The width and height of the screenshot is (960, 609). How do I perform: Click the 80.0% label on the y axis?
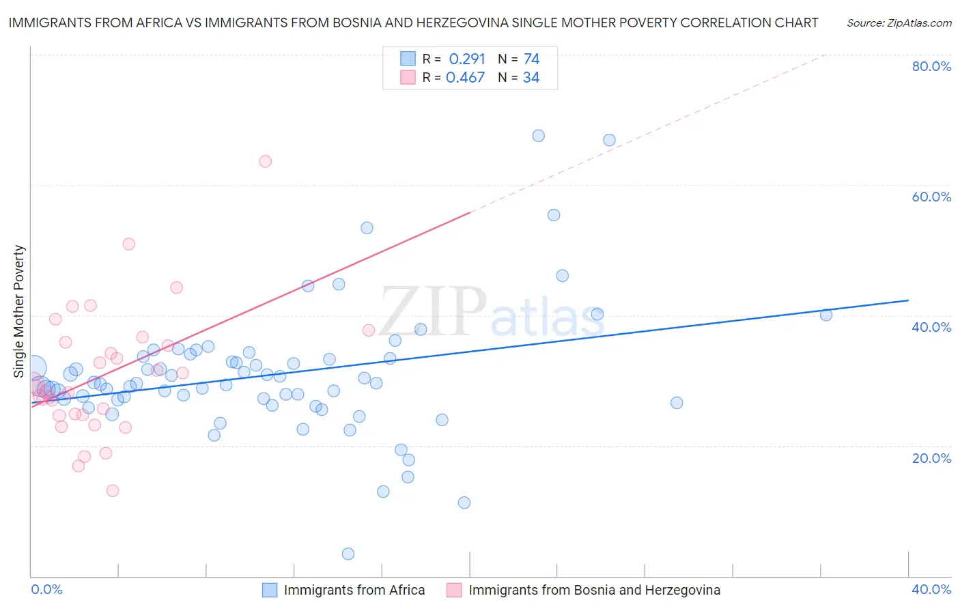(x=931, y=66)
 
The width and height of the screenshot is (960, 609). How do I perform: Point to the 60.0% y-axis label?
(x=931, y=197)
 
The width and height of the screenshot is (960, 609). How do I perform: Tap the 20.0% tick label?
(x=931, y=457)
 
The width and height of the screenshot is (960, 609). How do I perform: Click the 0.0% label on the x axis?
(x=46, y=589)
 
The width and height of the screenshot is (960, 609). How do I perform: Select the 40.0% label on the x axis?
(x=931, y=589)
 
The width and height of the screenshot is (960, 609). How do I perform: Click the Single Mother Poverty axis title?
(x=19, y=311)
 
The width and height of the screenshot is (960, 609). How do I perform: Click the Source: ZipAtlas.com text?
(x=899, y=23)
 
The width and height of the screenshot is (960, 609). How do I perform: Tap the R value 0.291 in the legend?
(x=467, y=59)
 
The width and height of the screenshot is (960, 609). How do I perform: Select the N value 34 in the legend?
(x=531, y=78)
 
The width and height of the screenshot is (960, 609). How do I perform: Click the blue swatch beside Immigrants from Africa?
(x=270, y=590)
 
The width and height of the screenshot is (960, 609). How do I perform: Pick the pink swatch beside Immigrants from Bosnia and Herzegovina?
(x=454, y=590)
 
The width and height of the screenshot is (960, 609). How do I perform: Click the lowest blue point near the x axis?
(x=348, y=554)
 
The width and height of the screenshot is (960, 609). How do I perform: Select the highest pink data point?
(x=265, y=161)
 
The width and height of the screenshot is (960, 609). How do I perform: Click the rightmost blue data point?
(x=826, y=315)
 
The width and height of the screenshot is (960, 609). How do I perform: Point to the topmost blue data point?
(x=539, y=136)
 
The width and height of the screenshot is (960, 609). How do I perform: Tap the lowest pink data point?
(x=113, y=491)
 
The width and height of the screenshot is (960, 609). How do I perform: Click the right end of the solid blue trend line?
(x=909, y=300)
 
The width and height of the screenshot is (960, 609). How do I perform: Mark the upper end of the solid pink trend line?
(x=470, y=212)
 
